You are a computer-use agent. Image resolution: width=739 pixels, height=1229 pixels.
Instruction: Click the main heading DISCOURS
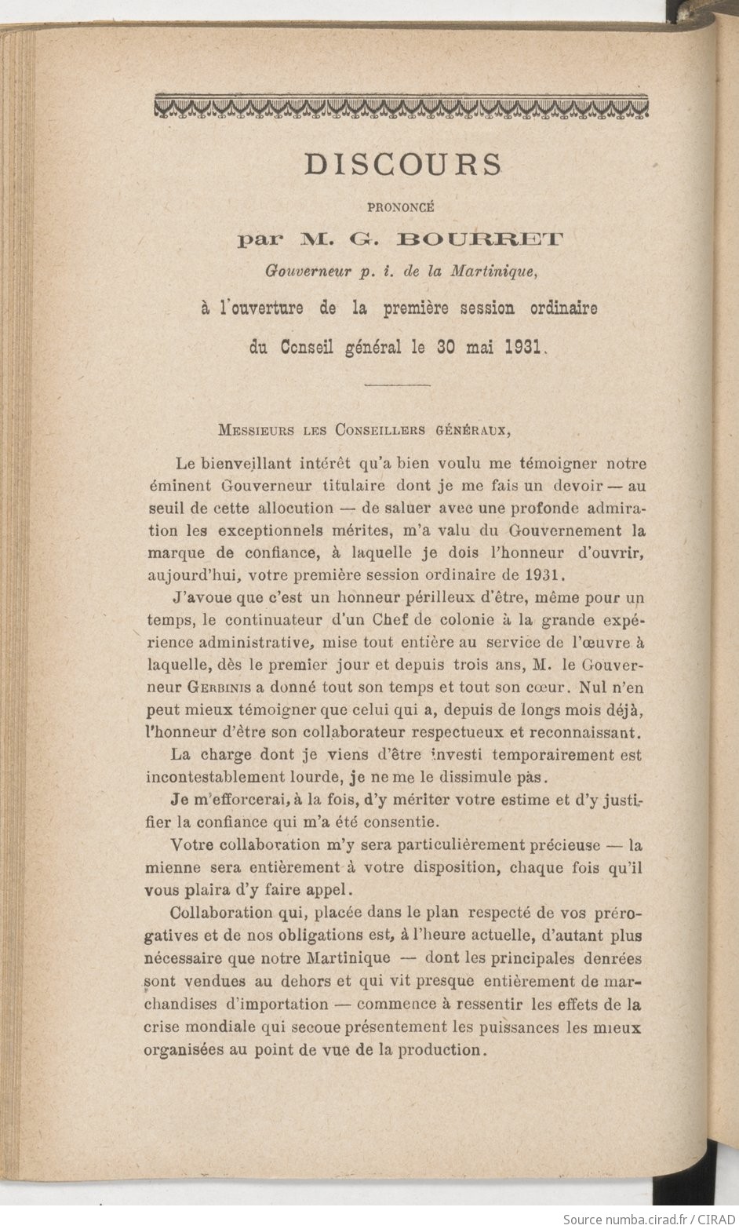402,164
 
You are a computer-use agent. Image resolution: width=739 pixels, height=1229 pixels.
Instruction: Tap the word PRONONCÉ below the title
400,208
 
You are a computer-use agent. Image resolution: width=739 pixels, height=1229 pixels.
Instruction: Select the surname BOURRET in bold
480,239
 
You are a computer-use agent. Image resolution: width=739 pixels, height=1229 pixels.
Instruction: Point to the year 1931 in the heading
519,346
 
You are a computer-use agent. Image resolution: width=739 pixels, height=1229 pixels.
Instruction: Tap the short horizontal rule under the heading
399,385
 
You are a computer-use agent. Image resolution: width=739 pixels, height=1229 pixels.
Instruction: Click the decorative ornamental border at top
402,107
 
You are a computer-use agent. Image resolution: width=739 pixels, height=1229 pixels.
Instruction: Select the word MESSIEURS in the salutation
256,430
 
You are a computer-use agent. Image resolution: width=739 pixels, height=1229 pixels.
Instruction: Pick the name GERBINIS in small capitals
219,687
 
